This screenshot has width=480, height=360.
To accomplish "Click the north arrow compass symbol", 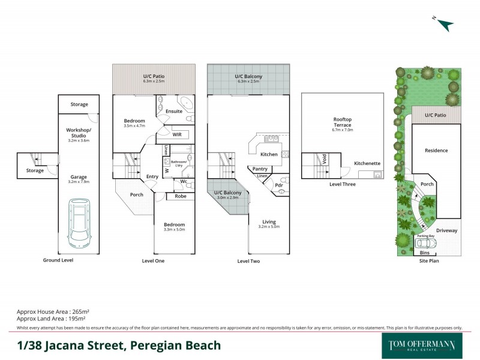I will (x=445, y=24).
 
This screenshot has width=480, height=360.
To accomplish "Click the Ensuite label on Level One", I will (x=174, y=112).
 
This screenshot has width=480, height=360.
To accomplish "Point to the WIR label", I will (x=177, y=135).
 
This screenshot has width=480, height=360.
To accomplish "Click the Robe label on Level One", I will (x=179, y=196).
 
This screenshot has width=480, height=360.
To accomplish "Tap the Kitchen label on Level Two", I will (x=269, y=155).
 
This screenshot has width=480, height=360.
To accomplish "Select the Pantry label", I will (x=260, y=169).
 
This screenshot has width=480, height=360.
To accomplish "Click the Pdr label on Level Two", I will (x=279, y=185).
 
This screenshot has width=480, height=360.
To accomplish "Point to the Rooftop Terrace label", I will (x=343, y=123).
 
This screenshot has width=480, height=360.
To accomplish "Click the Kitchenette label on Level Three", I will (x=366, y=163).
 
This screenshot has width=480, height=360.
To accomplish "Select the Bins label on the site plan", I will (x=425, y=253).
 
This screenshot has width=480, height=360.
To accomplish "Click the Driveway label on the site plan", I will (x=446, y=230).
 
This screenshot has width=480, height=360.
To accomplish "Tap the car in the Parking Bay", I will (x=425, y=243).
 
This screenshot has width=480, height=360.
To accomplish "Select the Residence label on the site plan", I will (x=436, y=151).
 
